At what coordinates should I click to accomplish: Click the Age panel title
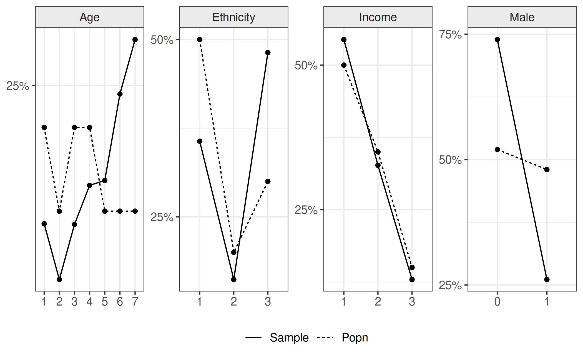89,17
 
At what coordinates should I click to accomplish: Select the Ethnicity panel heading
233,17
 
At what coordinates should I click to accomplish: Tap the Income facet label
378,17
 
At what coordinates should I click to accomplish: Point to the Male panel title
522,17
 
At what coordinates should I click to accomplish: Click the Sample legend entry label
289,338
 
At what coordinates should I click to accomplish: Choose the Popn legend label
355,338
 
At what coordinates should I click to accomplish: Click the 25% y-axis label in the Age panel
17,86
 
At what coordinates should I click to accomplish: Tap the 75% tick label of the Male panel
450,34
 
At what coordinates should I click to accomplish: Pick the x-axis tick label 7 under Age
135,301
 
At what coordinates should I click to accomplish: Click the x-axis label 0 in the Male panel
497,301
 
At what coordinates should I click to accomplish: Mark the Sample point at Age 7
135,40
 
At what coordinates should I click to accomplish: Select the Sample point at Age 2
59,280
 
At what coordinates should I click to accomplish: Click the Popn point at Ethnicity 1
200,40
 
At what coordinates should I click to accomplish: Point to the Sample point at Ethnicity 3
268,53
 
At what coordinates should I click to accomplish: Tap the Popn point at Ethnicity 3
268,182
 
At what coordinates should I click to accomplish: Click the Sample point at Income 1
344,40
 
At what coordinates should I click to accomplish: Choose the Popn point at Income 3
412,268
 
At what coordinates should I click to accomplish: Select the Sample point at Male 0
497,40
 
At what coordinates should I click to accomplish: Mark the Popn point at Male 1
547,170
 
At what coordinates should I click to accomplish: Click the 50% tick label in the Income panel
306,66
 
